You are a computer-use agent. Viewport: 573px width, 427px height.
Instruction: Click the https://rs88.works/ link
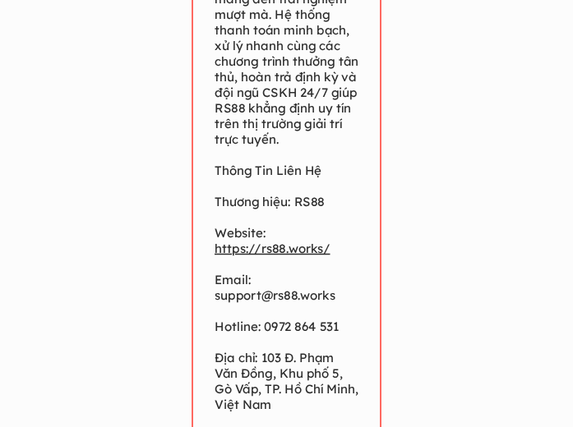tap(272, 249)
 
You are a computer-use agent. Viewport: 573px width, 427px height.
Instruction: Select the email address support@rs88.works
tap(275, 296)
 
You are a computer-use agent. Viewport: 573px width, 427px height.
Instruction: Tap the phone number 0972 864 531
tap(302, 327)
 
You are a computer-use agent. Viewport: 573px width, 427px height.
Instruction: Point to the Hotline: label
tap(238, 327)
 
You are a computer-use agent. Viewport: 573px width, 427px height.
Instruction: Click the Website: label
tap(240, 233)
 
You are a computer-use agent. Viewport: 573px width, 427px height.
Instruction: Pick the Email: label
tap(233, 280)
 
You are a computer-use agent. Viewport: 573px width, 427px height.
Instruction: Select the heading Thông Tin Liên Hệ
tap(268, 171)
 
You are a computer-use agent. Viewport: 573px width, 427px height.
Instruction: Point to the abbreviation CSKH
tap(280, 93)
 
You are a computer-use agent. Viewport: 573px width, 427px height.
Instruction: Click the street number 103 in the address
tap(272, 358)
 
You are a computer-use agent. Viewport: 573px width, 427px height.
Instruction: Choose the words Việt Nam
tap(243, 405)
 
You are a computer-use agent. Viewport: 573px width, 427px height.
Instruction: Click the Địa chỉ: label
tap(236, 358)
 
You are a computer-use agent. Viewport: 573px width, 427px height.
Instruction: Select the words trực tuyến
tap(247, 140)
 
